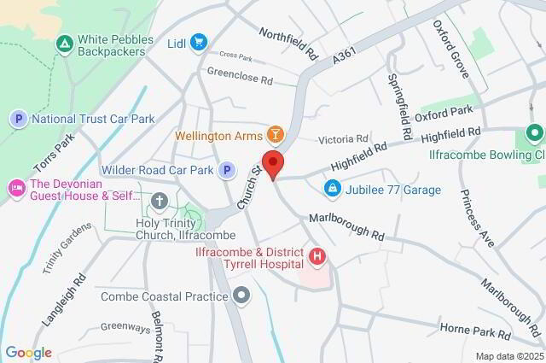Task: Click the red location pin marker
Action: pyautogui.click(x=273, y=163)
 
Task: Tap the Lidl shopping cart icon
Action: pyautogui.click(x=199, y=42)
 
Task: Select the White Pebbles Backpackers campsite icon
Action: pyautogui.click(x=63, y=42)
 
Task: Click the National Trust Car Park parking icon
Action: pyautogui.click(x=19, y=120)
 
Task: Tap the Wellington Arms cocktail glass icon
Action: pyautogui.click(x=275, y=135)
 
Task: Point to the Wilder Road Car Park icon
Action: pyautogui.click(x=227, y=170)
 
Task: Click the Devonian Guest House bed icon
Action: pyautogui.click(x=15, y=186)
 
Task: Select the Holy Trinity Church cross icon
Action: pyautogui.click(x=159, y=202)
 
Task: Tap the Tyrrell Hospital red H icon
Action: pyautogui.click(x=317, y=255)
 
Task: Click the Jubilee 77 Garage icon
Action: pyautogui.click(x=332, y=189)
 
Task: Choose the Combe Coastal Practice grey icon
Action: pyautogui.click(x=242, y=296)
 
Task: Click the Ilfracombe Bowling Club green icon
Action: pyautogui.click(x=535, y=133)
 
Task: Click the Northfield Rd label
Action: pyautogui.click(x=288, y=43)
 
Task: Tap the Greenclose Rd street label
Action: pyautogui.click(x=240, y=77)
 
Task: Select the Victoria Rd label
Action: pyautogui.click(x=342, y=138)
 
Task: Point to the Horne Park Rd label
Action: pyautogui.click(x=475, y=329)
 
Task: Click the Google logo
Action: pyautogui.click(x=28, y=353)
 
